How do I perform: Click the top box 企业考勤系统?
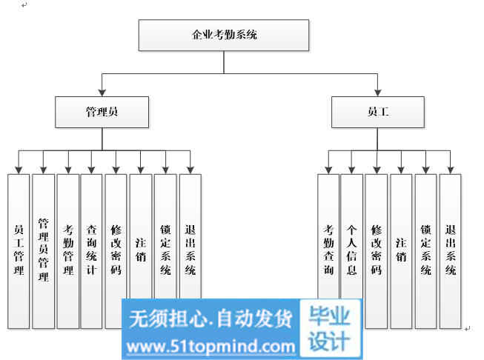pos(223,35)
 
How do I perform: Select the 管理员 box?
pos(102,113)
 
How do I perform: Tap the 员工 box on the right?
pos(377,113)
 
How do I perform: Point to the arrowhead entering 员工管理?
pos(19,170)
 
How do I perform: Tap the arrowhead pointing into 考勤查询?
pos(328,170)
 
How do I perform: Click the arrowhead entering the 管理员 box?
pos(102,93)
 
